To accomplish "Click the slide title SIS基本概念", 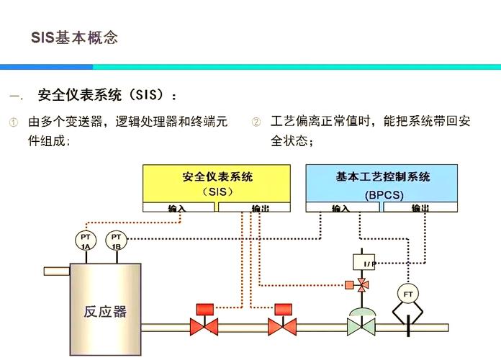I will click(74, 37).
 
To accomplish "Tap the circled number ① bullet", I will click(13, 122).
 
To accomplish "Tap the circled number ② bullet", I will click(256, 122).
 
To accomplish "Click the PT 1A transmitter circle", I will click(85, 240).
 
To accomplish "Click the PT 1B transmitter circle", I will click(116, 240).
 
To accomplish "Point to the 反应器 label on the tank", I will click(105, 312).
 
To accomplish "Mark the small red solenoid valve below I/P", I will click(362, 285).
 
